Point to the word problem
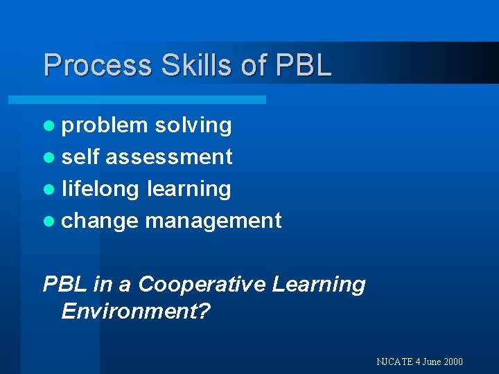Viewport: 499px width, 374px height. [105, 125]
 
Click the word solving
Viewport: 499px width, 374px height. [193, 125]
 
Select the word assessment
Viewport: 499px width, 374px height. [169, 157]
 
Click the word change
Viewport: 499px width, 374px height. [100, 221]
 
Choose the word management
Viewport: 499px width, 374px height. [213, 221]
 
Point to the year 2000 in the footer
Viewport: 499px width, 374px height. [452, 362]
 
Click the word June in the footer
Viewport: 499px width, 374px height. [430, 362]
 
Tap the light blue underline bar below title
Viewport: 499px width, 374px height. [137, 100]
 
